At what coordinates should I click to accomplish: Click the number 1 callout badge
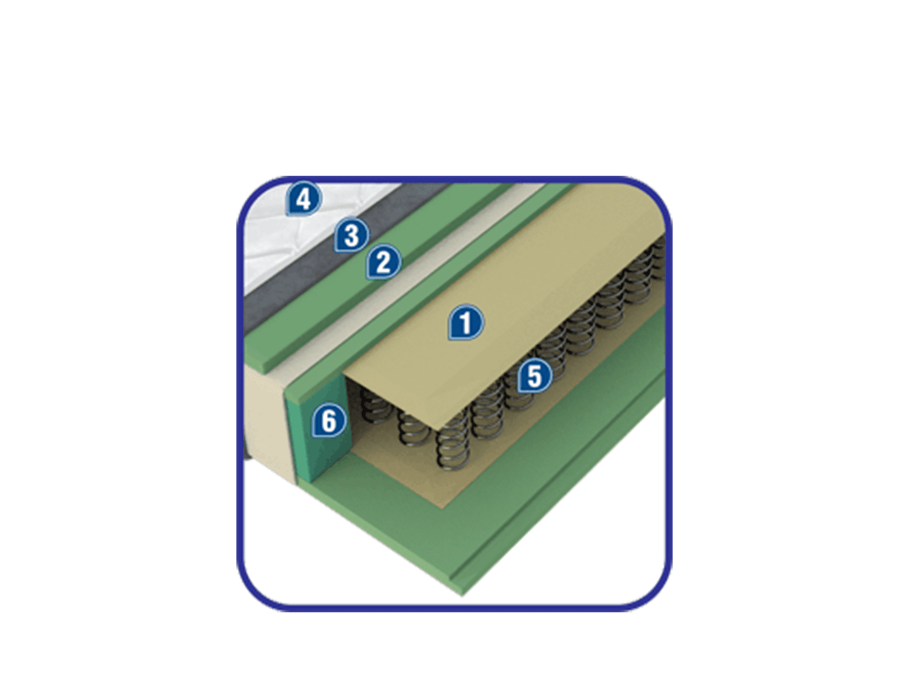tap(466, 323)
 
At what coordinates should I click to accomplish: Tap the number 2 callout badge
tap(384, 261)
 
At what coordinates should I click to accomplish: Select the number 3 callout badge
tap(351, 235)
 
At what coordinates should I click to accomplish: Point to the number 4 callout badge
tap(304, 199)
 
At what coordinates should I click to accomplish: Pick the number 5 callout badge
tap(534, 376)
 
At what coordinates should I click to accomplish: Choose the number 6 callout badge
tap(329, 421)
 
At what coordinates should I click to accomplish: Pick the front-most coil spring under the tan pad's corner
tap(453, 443)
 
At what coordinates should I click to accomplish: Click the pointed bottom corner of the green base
tap(462, 595)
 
